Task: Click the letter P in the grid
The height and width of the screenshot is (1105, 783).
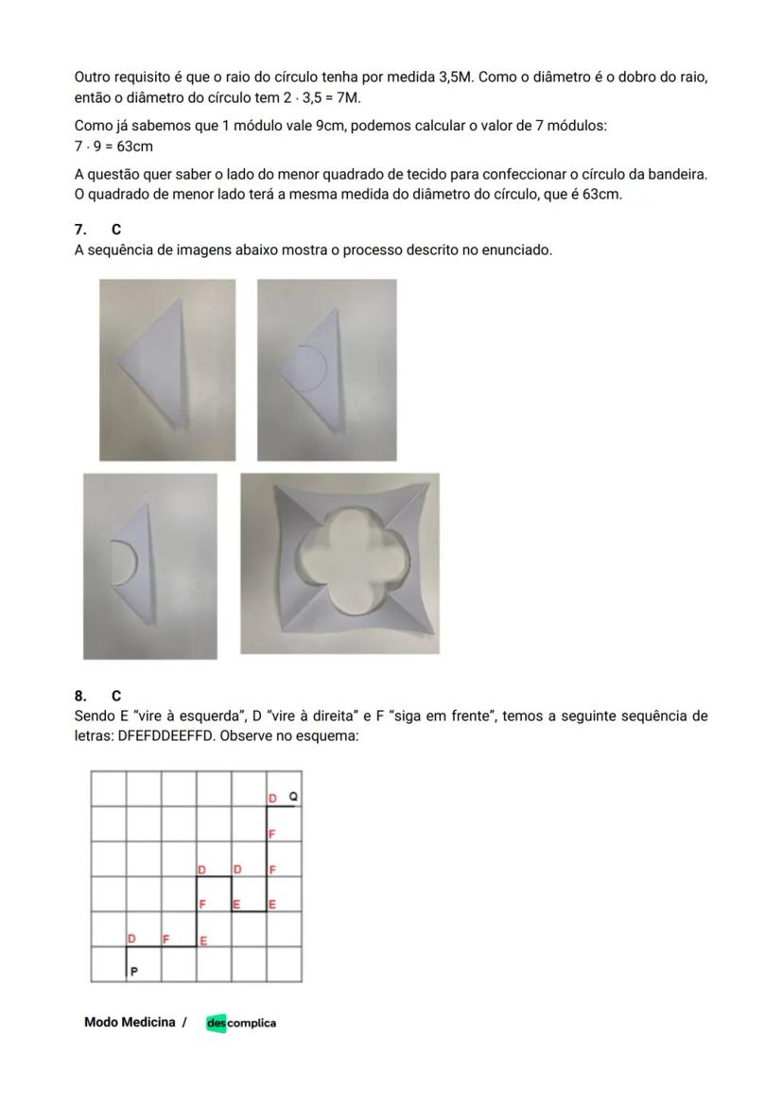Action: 133,971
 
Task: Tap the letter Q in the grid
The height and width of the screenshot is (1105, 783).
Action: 292,798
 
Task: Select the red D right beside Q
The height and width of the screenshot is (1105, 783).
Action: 272,799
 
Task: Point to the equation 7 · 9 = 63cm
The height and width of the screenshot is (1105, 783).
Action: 113,147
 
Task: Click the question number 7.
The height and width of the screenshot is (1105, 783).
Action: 80,230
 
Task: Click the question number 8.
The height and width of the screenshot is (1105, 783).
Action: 80,696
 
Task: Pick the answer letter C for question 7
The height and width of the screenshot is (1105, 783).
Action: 116,230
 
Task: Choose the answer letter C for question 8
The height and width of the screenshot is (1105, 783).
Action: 116,696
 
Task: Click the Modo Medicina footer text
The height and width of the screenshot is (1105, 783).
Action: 130,1022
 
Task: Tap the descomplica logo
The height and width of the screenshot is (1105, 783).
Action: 241,1023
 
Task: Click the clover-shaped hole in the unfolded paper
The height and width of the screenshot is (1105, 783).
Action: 351,562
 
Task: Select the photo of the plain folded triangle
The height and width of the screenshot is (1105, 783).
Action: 167,370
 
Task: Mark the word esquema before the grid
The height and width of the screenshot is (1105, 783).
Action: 331,735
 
